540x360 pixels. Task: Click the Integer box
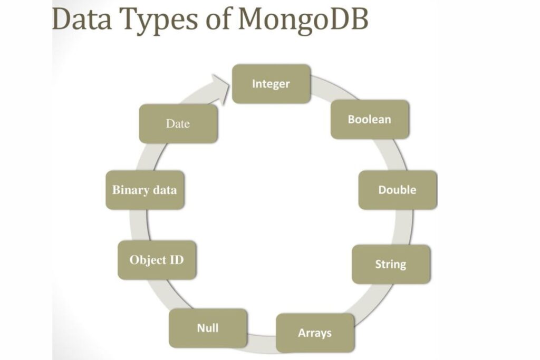coord(271,84)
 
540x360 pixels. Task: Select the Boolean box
coord(370,119)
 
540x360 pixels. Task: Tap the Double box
coord(397,190)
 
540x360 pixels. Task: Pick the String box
coord(391,264)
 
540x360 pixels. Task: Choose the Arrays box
coord(315,333)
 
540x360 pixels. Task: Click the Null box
coord(208,328)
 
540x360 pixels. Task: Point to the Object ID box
coord(157,260)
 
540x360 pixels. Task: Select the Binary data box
coord(144,190)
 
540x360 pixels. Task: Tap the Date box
coord(178,124)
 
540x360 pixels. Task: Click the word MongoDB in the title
coord(303,20)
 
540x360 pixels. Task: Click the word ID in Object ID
coord(176,260)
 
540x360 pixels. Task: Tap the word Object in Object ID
coord(148,260)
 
